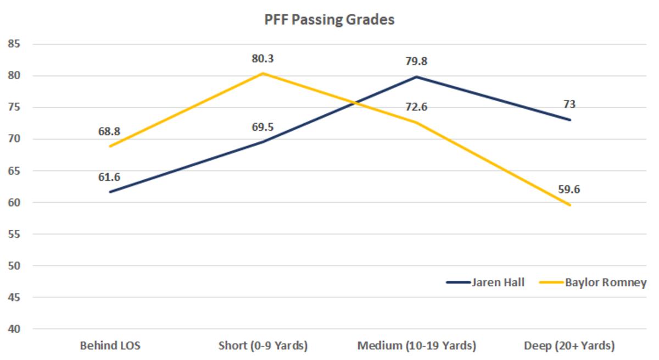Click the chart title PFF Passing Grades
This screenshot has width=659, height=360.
(x=328, y=20)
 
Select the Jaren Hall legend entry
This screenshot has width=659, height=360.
(x=498, y=283)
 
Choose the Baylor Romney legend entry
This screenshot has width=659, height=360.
(x=606, y=283)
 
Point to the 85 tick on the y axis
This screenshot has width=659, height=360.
(x=15, y=44)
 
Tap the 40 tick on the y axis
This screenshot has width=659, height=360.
(x=15, y=329)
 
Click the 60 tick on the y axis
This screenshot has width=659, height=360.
(x=15, y=202)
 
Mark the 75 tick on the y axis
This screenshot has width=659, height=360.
(x=15, y=107)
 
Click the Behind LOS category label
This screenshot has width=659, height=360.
(x=110, y=346)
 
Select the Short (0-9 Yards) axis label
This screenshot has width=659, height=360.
(x=263, y=346)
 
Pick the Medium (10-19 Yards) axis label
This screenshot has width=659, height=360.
(x=416, y=346)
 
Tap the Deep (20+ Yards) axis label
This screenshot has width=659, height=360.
(x=569, y=346)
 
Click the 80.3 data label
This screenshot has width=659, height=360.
(x=263, y=59)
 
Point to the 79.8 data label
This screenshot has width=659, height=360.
(x=416, y=62)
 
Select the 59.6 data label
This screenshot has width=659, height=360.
(x=569, y=190)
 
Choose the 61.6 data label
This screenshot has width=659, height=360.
(x=110, y=177)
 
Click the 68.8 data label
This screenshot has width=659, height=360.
(x=110, y=131)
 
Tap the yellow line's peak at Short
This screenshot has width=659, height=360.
(x=263, y=73)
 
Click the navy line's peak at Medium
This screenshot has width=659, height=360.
(x=416, y=76)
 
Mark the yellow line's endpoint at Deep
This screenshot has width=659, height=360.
(x=570, y=205)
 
